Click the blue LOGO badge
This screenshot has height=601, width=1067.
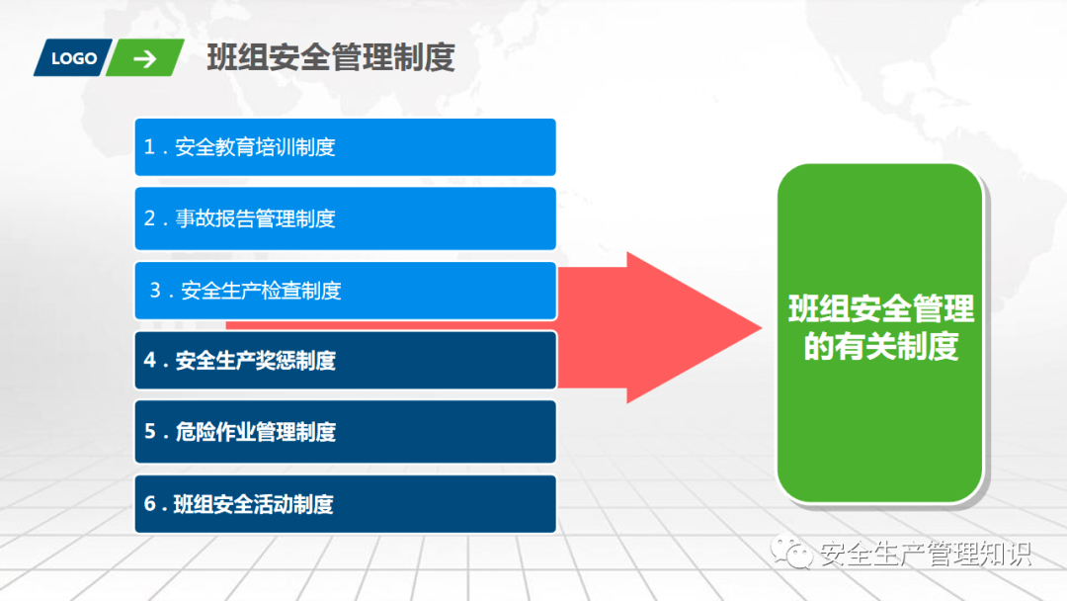pyautogui.click(x=73, y=58)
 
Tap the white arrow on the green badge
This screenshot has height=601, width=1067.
pyautogui.click(x=145, y=58)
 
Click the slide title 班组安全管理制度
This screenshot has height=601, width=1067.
pyautogui.click(x=331, y=57)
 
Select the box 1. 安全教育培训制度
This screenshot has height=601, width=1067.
pyautogui.click(x=345, y=147)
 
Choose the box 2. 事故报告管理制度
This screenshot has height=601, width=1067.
pyautogui.click(x=345, y=218)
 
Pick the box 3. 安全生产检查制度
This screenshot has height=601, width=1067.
pyautogui.click(x=345, y=291)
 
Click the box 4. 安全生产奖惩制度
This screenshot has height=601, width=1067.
pyautogui.click(x=345, y=360)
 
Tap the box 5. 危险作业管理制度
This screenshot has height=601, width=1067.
pyautogui.click(x=345, y=432)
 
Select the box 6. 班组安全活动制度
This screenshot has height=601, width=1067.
pyautogui.click(x=345, y=504)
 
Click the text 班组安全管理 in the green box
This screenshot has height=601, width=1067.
pyautogui.click(x=881, y=309)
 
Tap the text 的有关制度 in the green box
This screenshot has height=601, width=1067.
pyautogui.click(x=881, y=346)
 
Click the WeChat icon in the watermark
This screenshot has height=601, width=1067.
pyautogui.click(x=791, y=552)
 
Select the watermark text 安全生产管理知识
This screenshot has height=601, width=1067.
pyautogui.click(x=926, y=554)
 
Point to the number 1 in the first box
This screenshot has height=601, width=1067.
pyautogui.click(x=149, y=147)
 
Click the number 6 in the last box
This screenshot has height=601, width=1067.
pyautogui.click(x=150, y=504)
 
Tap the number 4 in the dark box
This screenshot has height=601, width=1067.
pyautogui.click(x=150, y=360)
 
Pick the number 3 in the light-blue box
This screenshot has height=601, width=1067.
pyautogui.click(x=155, y=291)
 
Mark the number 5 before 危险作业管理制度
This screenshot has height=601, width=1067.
pyautogui.click(x=150, y=432)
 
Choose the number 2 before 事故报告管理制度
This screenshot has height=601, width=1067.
pyautogui.click(x=150, y=218)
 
